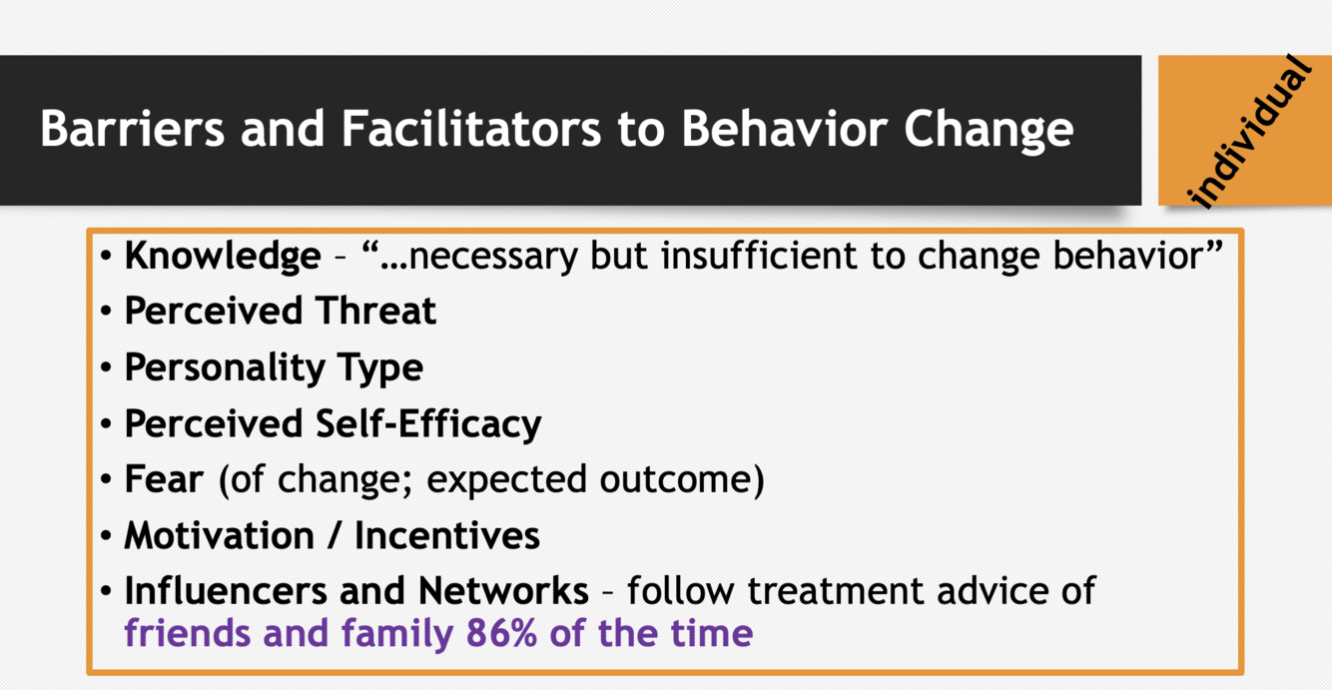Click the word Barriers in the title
pos(132,128)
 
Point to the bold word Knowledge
pos(223,257)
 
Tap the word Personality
pos(225,368)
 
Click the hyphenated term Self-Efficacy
pos(428,424)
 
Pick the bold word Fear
pos(164,479)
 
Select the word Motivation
pos(220,535)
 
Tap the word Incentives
pos(447,535)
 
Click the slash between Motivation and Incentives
pos(334,536)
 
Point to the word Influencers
pos(226,591)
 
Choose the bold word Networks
pos(503,591)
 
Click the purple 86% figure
pos(501,633)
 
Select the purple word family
pos(397,634)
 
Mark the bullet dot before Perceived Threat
pos(107,312)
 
